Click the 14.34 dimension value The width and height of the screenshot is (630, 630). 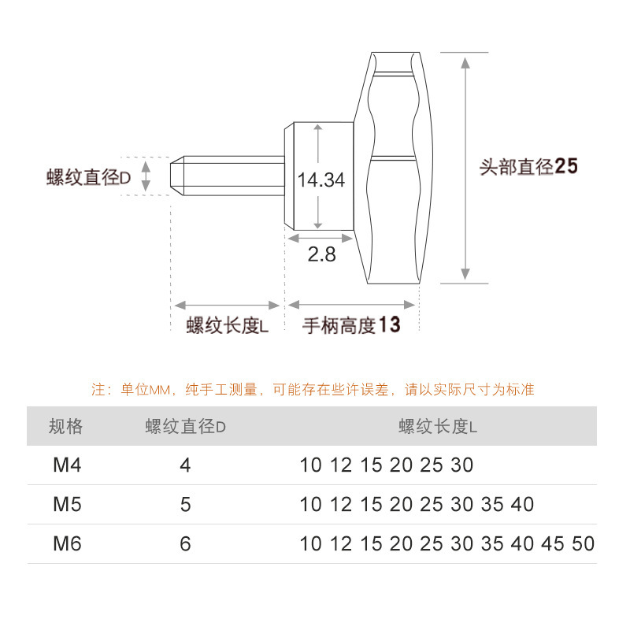pos(321,180)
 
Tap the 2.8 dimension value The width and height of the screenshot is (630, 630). pos(321,254)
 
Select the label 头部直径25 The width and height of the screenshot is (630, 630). pos(528,167)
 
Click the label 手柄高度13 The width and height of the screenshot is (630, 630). pos(351,325)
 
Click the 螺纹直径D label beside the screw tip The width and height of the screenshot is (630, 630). pos(88,178)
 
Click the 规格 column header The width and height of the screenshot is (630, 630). pos(65,427)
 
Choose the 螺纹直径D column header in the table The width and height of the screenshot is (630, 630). pos(186,427)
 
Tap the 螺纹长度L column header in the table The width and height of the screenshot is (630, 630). pos(439,427)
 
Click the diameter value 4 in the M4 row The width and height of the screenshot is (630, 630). pos(185,465)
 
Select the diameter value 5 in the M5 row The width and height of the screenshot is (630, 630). pos(185,505)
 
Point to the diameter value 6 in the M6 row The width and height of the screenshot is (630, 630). pos(185,544)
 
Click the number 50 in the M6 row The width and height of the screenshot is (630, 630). pos(584,544)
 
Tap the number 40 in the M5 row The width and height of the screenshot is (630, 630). pos(522,505)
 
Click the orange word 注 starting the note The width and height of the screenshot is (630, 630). pos(98,390)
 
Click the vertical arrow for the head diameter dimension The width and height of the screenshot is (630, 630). pos(465,167)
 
